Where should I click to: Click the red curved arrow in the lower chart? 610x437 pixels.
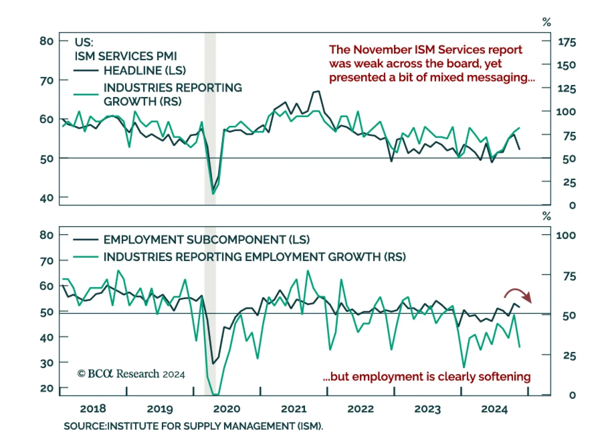coord(518,294)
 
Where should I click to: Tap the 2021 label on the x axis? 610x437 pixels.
coord(294,409)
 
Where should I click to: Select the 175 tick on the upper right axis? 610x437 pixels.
coord(567,42)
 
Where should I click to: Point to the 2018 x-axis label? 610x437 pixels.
coord(93,409)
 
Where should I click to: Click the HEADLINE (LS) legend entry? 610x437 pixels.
coord(144,71)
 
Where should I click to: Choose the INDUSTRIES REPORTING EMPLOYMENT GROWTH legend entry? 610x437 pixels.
coord(254,257)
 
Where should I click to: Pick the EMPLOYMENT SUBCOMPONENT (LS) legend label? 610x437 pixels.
coord(206,239)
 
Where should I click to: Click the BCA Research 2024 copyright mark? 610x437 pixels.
coord(131,374)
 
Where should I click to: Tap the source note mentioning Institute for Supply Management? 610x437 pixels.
coord(193,426)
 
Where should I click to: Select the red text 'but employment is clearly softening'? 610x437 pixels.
coord(427,376)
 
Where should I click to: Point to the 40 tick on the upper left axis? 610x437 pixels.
coord(47,198)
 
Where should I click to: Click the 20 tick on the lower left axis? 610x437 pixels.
coord(47,388)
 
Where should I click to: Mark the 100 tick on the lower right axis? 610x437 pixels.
coord(566,235)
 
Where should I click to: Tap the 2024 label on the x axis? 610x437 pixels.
coord(494,409)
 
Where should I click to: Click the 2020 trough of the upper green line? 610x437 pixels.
coord(213,193)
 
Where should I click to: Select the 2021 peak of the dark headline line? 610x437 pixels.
coord(318,91)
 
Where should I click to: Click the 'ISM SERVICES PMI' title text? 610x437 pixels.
coord(125,56)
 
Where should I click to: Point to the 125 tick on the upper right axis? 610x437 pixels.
coord(567,89)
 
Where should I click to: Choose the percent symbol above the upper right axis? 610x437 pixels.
coord(546,22)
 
